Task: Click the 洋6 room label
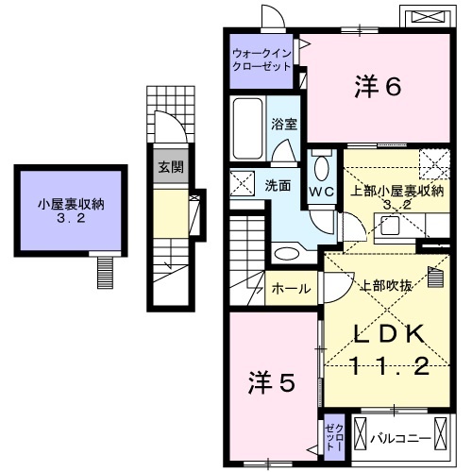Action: [378, 88]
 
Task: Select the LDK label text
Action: [390, 335]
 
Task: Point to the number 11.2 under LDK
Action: [391, 367]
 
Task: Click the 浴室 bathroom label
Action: [284, 124]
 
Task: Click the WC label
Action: [322, 190]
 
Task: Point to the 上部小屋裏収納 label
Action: [396, 191]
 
